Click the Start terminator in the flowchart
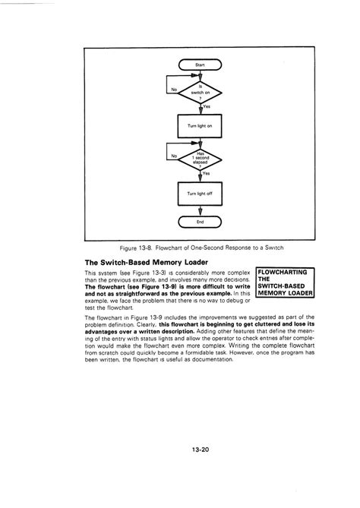click(200, 66)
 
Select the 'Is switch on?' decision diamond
click(200, 93)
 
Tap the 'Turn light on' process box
click(200, 125)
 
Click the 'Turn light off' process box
click(200, 194)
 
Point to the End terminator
click(200, 222)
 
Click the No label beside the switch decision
click(175, 89)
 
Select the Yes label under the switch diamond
click(207, 107)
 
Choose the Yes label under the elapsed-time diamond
click(207, 173)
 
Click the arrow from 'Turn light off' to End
click(200, 210)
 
